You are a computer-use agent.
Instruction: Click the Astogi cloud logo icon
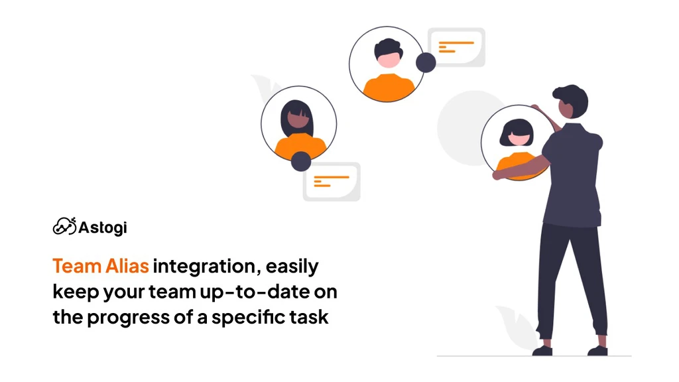64,226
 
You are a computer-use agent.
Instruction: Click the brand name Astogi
103,227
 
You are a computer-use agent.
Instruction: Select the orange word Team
77,266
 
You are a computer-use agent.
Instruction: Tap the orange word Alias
127,266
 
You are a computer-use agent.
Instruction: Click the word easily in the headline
292,267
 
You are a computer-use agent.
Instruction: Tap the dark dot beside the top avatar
426,63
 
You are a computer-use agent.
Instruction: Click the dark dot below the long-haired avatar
301,162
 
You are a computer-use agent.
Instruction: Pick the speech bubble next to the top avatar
456,47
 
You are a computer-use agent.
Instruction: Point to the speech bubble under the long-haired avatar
332,182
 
